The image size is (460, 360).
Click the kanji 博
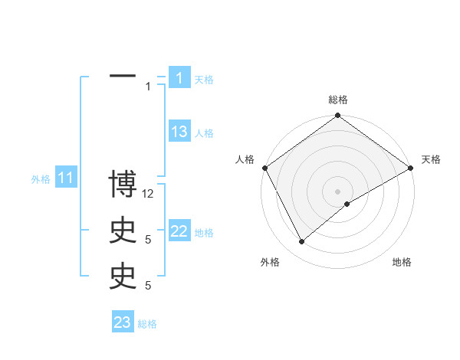coord(123,185)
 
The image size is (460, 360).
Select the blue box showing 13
coord(179,132)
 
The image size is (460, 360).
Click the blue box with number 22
coord(179,231)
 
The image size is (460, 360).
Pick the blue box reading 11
coord(66,178)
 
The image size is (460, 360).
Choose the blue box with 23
coord(123,322)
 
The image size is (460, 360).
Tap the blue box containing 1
coord(179,77)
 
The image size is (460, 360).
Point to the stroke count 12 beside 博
coord(149,194)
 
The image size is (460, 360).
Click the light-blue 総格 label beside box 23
coord(147,324)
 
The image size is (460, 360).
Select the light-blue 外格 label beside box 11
coord(41,180)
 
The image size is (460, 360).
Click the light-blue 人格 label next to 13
coord(204,133)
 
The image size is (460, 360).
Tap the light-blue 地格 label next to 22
coord(204,233)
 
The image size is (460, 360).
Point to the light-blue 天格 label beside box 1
coord(204,79)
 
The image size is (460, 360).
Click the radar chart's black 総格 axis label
coord(338,100)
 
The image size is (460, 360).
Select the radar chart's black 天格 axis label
coord(431,159)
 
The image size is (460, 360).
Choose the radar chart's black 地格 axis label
coord(402,262)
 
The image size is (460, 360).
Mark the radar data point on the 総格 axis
coord(338,116)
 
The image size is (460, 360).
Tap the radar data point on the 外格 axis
coord(301,241)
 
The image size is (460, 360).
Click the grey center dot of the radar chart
coord(338,191)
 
